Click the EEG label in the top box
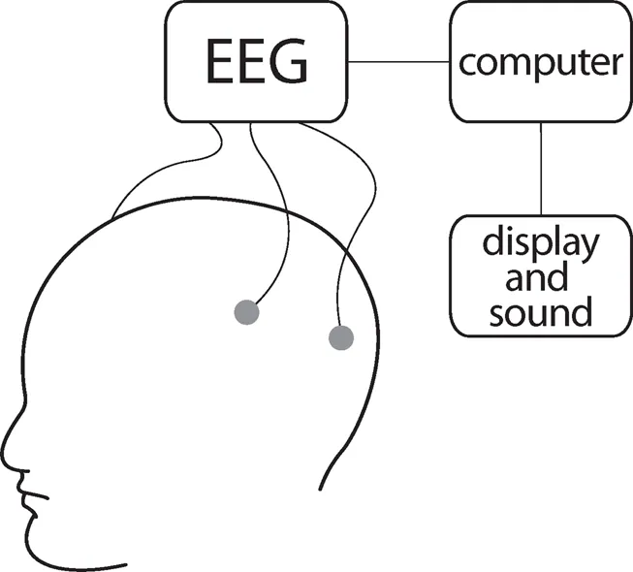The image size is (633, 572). coord(257,64)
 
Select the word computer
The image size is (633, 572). coord(539,64)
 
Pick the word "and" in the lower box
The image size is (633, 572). coord(540,279)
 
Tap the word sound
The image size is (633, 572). coord(540,312)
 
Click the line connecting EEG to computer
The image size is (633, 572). coord(397,64)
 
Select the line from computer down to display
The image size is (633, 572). coord(539,170)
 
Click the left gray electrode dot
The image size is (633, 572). coord(247,312)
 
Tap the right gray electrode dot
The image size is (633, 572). coord(340,337)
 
